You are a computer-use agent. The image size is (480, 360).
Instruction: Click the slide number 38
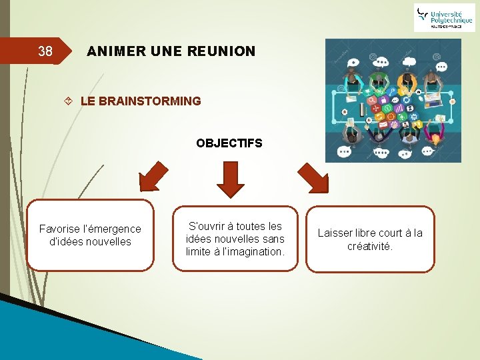click(x=45, y=51)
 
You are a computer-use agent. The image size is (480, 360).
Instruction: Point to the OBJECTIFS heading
click(x=229, y=143)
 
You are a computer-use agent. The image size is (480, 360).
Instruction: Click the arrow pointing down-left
click(x=153, y=177)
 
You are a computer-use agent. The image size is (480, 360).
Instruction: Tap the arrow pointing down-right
click(x=312, y=177)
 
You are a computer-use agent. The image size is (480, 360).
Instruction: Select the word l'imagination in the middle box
click(x=256, y=251)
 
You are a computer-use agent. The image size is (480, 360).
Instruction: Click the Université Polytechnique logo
click(x=444, y=17)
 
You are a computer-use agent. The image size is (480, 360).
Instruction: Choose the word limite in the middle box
click(x=201, y=251)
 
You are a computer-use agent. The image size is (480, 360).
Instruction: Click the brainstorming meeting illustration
click(x=393, y=100)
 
